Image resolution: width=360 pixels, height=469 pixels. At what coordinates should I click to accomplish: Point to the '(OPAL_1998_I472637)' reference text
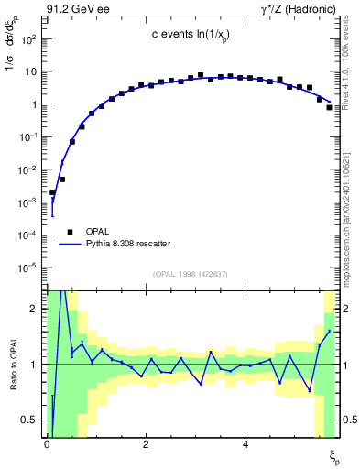pos(190,273)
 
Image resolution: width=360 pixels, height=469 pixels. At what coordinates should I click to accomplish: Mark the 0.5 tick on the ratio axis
pos(29,420)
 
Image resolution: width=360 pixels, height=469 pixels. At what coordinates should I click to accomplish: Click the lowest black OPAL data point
pos(53,192)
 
